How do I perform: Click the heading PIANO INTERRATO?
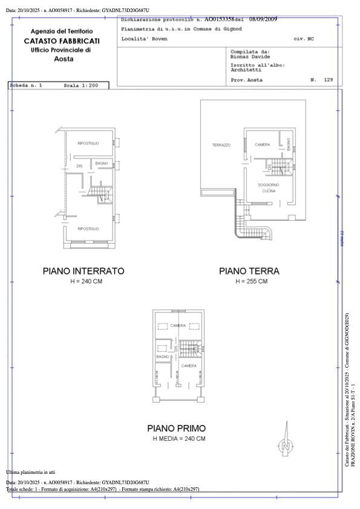coord(83,271)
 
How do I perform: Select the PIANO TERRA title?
coord(249,271)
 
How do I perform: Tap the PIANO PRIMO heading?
coord(178,428)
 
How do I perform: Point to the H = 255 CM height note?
coord(249,282)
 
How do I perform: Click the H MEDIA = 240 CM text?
coord(178,438)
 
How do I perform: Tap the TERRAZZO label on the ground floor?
coord(221,145)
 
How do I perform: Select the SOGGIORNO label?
coord(268,184)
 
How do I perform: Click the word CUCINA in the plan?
coord(268,191)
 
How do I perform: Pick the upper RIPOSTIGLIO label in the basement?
coord(88,143)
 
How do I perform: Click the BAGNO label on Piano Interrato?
coord(101,163)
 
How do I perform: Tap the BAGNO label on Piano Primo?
coord(162,357)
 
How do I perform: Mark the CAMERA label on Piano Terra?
coord(262,144)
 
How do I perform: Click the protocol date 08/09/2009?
coord(262,20)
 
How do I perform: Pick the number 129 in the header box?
coord(329,80)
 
